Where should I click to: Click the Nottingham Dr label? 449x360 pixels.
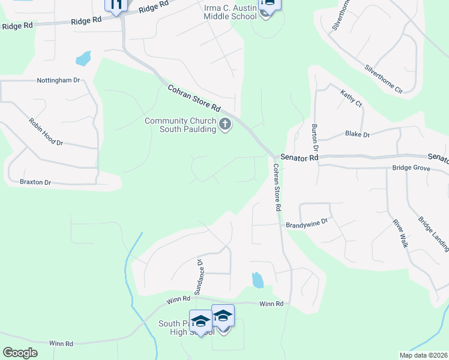coord(58,80)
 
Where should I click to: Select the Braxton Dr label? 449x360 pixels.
coord(35,182)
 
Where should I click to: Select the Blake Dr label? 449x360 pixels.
coord(358,134)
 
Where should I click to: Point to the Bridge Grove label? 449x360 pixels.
coord(411,169)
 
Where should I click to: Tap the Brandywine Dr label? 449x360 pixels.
coord(306,221)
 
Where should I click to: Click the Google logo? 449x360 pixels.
coord(20,353)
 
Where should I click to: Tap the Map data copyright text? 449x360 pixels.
coord(424,355)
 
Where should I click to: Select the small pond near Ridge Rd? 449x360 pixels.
coord(83,59)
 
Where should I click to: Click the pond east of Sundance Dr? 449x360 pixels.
coord(258,280)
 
